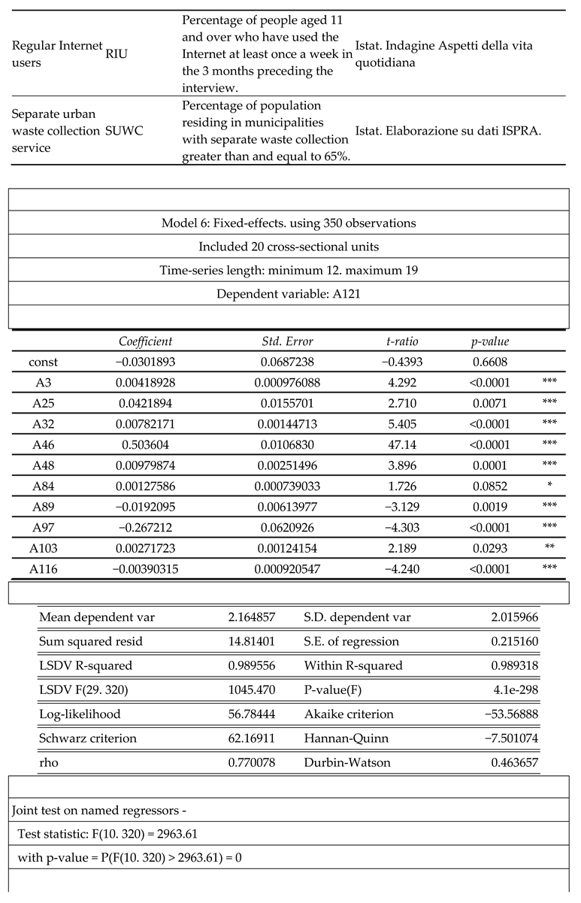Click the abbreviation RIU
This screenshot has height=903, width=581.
tap(117, 53)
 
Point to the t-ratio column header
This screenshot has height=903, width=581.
tap(402, 341)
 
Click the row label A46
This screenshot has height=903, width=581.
tap(43, 444)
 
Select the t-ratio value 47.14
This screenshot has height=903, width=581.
tap(402, 444)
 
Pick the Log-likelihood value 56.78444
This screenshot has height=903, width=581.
tap(251, 714)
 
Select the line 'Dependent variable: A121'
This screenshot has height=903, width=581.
tap(289, 294)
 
